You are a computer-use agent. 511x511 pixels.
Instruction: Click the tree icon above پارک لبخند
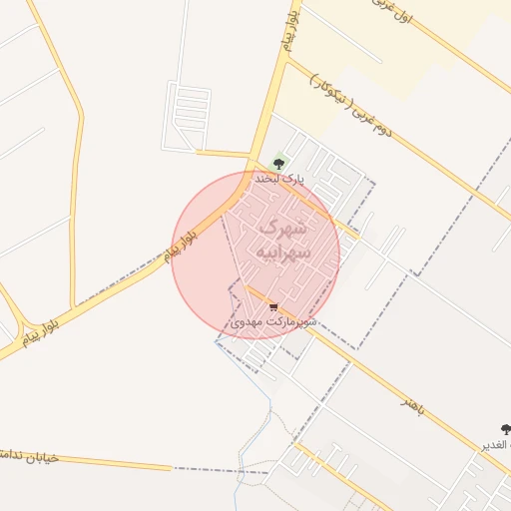coord(279,163)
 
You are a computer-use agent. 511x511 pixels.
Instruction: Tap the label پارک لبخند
coord(278,179)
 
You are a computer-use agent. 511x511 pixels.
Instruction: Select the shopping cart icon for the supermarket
coord(273,307)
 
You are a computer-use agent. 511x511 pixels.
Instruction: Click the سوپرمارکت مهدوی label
coord(273,322)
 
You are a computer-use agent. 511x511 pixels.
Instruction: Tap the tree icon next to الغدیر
coord(505,430)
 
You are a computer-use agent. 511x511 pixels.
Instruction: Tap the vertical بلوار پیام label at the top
coord(290,29)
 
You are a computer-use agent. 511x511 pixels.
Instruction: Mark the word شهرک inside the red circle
coord(285,227)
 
